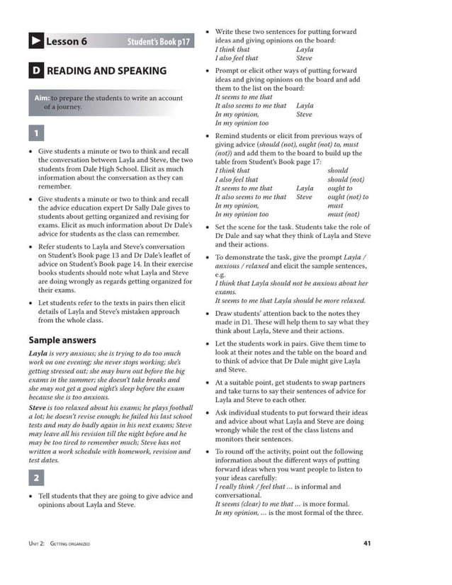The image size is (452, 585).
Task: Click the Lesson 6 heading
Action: coord(67,42)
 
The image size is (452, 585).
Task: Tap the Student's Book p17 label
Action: coord(159,42)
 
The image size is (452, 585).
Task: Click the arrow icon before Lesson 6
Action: coord(35,42)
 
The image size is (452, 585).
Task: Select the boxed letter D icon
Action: coord(35,71)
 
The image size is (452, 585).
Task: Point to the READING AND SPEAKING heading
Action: coord(106,71)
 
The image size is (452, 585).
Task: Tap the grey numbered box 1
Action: coord(36,133)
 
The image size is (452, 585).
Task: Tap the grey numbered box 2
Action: coord(36,478)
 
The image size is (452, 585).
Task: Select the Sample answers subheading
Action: coord(62,340)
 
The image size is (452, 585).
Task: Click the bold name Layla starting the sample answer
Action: coord(38,353)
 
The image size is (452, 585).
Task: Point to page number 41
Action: coord(366,543)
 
